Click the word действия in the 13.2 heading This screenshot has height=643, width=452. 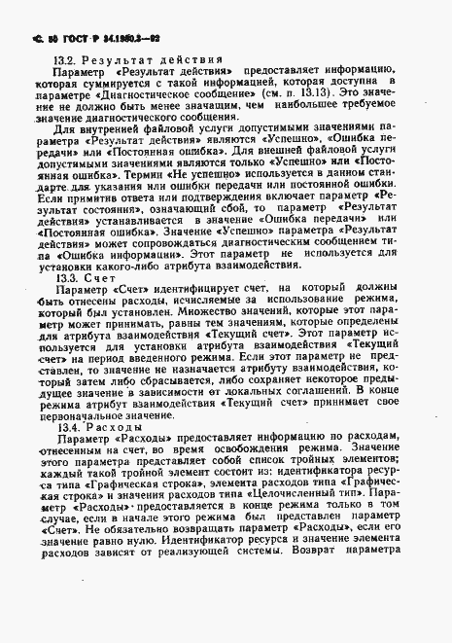coord(189,58)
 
